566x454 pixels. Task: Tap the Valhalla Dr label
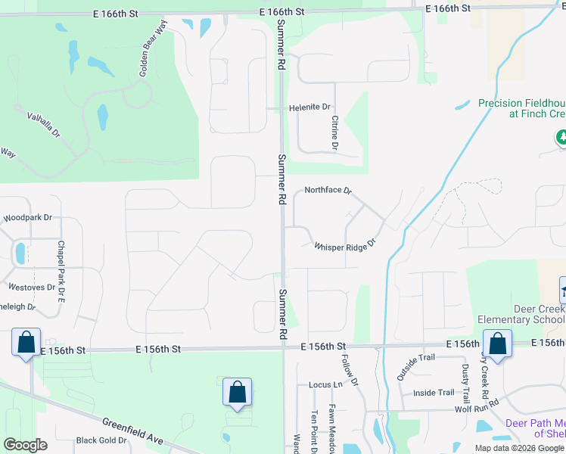44,125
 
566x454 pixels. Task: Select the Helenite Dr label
310,108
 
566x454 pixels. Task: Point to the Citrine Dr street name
334,131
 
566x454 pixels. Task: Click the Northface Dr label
328,191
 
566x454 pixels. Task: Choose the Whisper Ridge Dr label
345,246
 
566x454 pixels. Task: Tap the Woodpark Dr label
27,217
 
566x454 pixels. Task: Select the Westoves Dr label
31,288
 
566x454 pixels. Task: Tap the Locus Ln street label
325,384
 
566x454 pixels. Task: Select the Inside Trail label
434,393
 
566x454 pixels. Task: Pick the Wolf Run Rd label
477,409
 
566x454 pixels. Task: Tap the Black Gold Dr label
101,440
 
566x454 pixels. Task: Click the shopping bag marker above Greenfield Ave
238,393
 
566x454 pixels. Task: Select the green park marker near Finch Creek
561,138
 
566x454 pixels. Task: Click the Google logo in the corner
25,445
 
